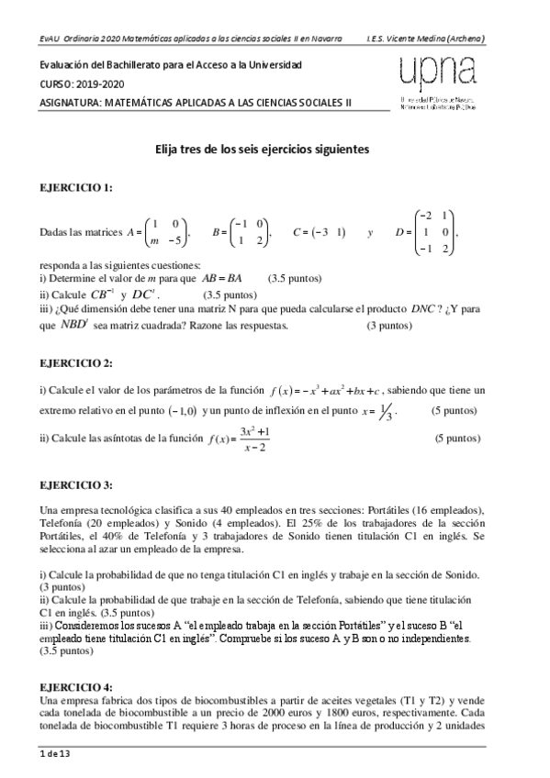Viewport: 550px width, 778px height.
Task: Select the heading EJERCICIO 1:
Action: (x=76, y=187)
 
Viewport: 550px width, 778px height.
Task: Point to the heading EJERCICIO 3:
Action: (x=76, y=483)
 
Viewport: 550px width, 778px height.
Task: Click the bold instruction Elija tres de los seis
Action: (x=262, y=147)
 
